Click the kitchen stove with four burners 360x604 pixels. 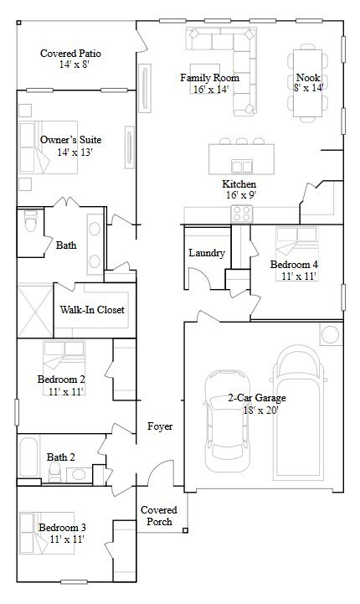tap(242, 213)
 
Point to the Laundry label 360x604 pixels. tap(206, 253)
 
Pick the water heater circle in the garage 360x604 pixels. tap(330, 335)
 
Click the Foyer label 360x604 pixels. tap(160, 426)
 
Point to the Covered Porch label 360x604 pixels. tap(157, 515)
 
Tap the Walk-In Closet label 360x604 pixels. tap(92, 310)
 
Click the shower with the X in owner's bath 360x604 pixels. tap(34, 309)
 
